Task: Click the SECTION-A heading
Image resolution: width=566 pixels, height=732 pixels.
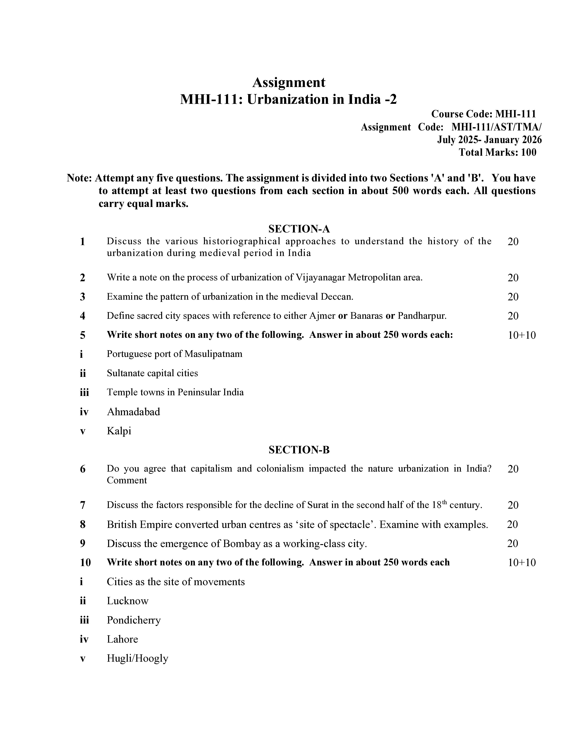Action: point(299,229)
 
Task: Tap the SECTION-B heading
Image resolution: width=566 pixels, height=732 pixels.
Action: point(299,450)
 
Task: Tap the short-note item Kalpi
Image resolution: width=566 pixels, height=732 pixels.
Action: point(119,431)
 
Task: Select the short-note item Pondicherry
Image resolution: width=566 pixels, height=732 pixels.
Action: point(134,620)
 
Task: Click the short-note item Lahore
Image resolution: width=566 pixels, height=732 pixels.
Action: point(122,639)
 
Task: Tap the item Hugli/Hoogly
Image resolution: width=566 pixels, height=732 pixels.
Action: point(137,658)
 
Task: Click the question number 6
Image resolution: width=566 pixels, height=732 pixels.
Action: point(83,469)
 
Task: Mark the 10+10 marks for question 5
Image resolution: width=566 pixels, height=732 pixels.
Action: point(522,335)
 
